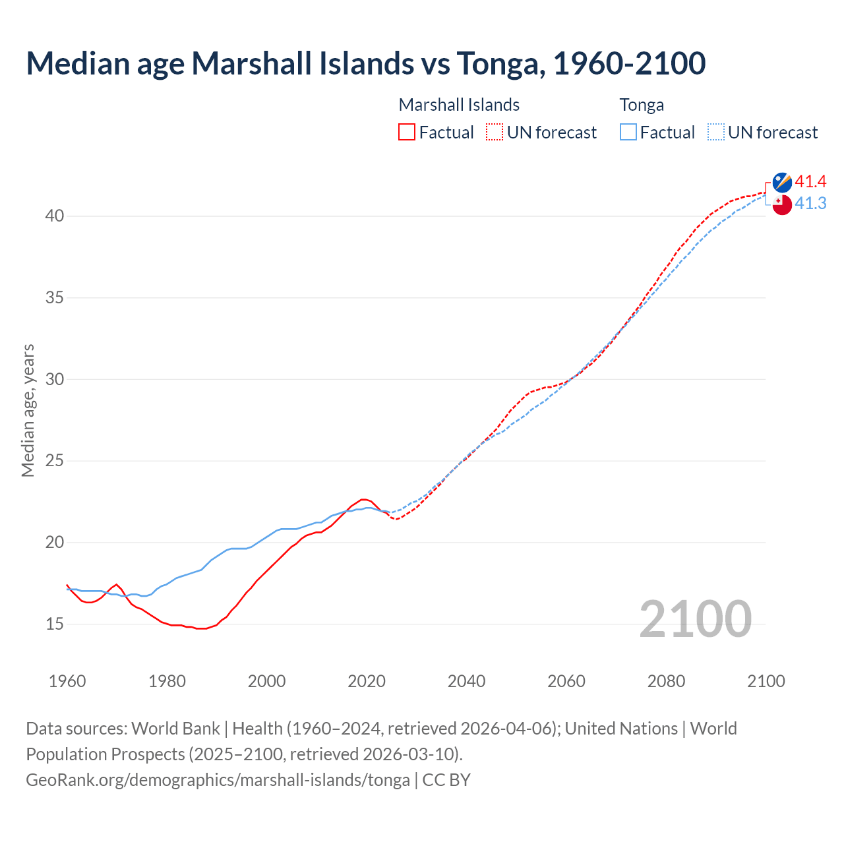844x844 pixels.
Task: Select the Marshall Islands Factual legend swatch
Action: pyautogui.click(x=407, y=133)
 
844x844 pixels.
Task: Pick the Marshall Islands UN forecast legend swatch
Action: pyautogui.click(x=495, y=133)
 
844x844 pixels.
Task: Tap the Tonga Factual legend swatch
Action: pyautogui.click(x=628, y=133)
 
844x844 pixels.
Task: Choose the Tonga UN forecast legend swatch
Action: pyautogui.click(x=716, y=133)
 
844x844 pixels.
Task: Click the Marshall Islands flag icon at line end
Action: pyautogui.click(x=782, y=183)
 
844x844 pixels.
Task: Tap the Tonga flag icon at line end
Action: pyautogui.click(x=782, y=204)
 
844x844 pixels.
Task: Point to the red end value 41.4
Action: pyautogui.click(x=810, y=182)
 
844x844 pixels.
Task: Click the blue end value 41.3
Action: pyautogui.click(x=810, y=204)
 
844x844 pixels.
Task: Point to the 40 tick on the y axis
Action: pyautogui.click(x=55, y=216)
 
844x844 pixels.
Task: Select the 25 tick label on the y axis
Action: pyautogui.click(x=55, y=461)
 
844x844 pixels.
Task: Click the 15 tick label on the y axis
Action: pyautogui.click(x=55, y=624)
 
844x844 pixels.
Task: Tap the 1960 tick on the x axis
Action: pyautogui.click(x=67, y=681)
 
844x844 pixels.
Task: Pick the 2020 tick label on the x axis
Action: pyautogui.click(x=367, y=681)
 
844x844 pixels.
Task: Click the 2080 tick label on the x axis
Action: pyautogui.click(x=666, y=681)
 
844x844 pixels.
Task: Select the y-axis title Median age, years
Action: pyautogui.click(x=28, y=410)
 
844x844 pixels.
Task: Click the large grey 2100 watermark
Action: pyautogui.click(x=695, y=619)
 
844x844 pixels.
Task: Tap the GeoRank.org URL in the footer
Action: pyautogui.click(x=218, y=780)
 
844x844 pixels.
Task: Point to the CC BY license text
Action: pyautogui.click(x=446, y=780)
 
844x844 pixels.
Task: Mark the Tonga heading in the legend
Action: pyautogui.click(x=642, y=105)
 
